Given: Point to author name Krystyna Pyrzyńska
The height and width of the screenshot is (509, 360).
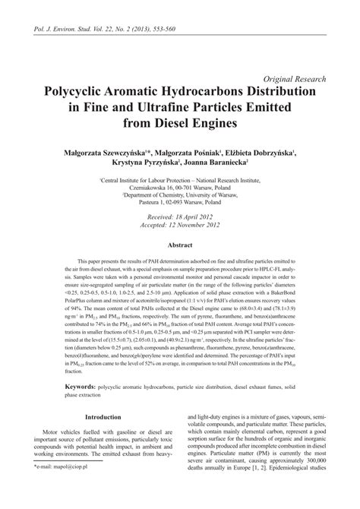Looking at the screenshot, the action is click(142, 163).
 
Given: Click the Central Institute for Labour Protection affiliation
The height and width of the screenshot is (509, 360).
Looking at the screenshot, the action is click(180, 182).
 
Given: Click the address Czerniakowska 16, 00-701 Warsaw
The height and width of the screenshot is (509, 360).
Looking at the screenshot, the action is click(180, 189).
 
